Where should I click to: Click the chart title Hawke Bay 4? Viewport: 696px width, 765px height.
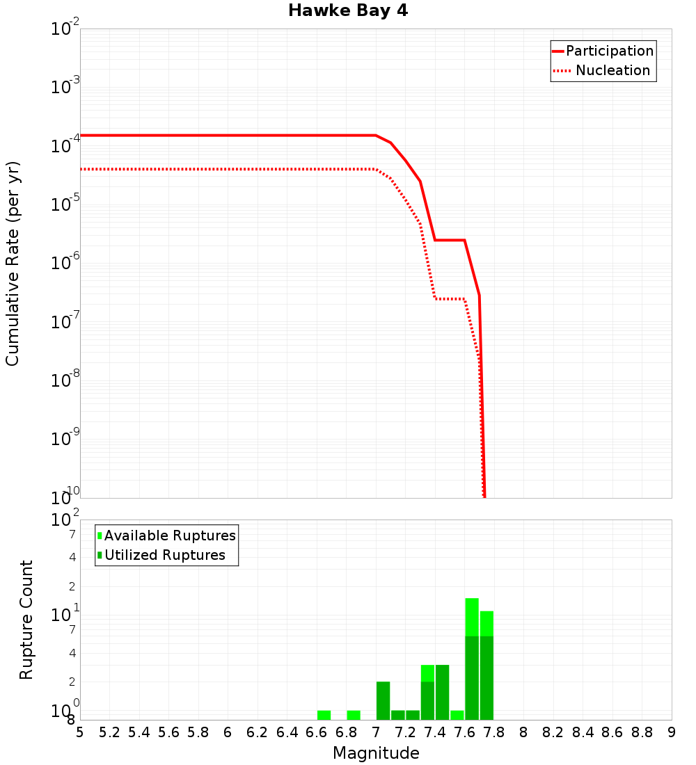coord(352,11)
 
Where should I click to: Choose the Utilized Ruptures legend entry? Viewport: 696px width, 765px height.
coord(164,555)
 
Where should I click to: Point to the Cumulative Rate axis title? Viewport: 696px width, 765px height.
coord(13,263)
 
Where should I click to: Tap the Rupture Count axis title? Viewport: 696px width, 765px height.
coord(26,620)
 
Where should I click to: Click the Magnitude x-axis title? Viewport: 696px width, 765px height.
coord(376,753)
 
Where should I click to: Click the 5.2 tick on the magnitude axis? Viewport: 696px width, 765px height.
coord(110,732)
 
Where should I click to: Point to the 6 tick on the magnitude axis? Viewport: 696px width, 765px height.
coord(228,732)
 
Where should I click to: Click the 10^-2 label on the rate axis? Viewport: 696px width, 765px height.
coord(65,29)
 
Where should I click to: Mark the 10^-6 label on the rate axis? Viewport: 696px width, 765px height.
coord(65,264)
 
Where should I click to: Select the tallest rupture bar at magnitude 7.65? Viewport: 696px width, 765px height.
coord(472,659)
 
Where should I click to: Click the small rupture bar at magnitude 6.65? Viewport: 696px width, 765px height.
coord(324,715)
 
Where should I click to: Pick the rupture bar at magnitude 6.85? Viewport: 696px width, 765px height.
coord(354,715)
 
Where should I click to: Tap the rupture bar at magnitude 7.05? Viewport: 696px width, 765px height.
coord(383,700)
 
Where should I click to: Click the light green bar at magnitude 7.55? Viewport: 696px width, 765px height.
coord(457,715)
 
